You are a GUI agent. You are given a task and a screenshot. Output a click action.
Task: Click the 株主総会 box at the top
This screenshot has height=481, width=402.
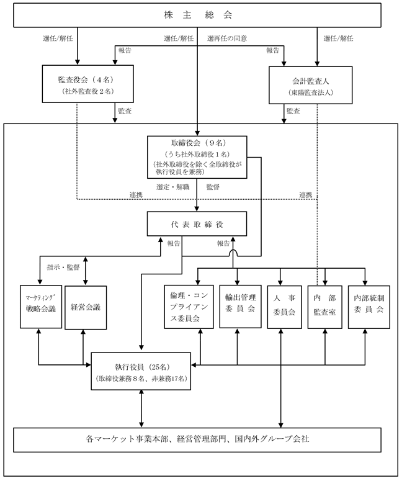[197, 15]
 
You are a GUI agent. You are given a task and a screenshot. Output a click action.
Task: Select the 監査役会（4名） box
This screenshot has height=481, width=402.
[87, 84]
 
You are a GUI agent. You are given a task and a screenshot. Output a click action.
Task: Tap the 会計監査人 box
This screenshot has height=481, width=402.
[310, 85]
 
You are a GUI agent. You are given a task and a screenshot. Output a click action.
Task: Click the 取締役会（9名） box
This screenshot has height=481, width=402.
[197, 157]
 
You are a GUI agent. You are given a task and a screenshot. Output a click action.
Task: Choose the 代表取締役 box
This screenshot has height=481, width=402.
[197, 224]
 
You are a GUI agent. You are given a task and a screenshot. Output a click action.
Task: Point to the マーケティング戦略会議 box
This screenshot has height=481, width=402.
[41, 307]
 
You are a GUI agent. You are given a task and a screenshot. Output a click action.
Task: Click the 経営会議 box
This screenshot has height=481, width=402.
[86, 308]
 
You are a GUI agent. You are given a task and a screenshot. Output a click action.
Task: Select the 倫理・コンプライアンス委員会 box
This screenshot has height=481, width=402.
[189, 307]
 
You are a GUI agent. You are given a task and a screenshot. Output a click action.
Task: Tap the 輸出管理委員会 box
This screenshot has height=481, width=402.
[241, 307]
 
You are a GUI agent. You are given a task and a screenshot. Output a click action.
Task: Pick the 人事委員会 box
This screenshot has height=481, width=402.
[284, 307]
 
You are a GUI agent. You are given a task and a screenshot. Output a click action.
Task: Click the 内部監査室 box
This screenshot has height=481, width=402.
[324, 307]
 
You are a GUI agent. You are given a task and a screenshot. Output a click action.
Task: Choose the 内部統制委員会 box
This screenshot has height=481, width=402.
[369, 307]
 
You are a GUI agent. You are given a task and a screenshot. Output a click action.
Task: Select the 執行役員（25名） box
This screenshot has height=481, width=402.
[141, 371]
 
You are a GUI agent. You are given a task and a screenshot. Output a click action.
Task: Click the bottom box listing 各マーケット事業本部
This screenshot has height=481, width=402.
[197, 440]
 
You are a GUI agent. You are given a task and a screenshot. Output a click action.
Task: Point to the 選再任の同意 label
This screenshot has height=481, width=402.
[227, 38]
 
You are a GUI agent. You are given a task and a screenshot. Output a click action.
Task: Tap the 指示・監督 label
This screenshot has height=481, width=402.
[63, 267]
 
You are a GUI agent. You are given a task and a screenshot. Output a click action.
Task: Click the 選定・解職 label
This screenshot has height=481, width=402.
[172, 187]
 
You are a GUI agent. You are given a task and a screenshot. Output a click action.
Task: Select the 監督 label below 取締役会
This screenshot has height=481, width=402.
[213, 187]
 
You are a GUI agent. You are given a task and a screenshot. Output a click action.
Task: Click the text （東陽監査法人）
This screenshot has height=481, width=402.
[311, 92]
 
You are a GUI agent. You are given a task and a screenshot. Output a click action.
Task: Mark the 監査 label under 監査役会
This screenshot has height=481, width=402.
[125, 110]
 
